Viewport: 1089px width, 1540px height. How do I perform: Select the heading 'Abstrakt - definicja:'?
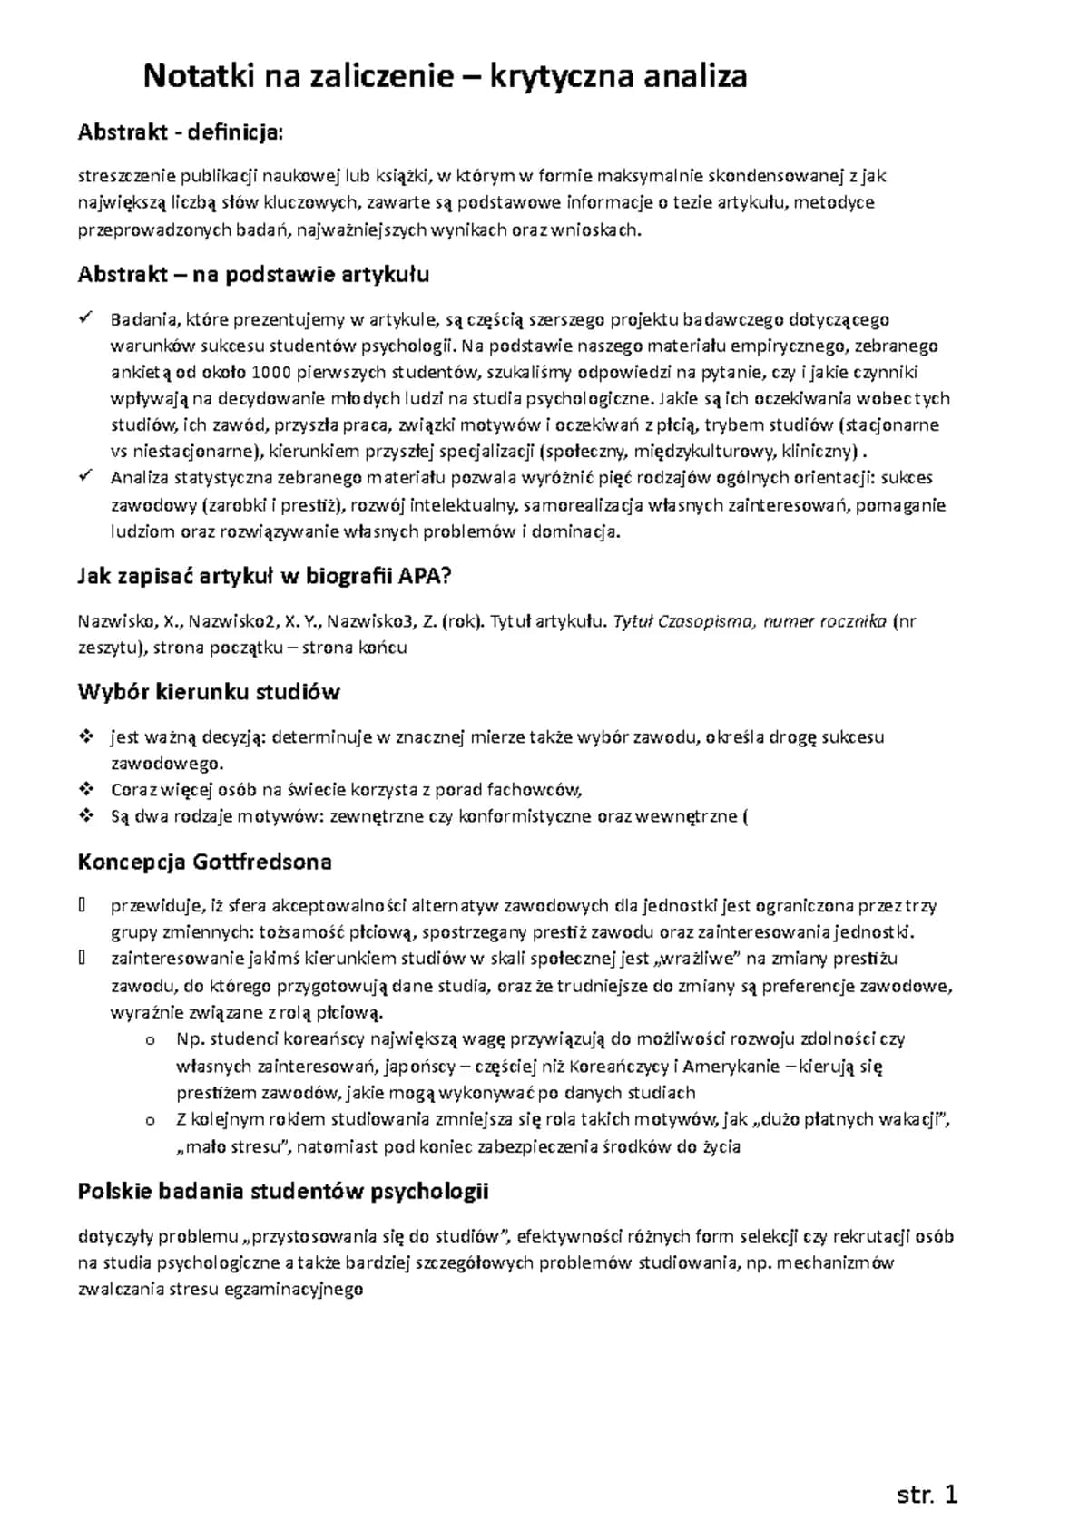click(x=181, y=132)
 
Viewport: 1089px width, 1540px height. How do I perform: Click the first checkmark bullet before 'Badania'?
click(x=86, y=317)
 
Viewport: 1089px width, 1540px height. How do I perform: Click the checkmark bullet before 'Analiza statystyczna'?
click(x=86, y=476)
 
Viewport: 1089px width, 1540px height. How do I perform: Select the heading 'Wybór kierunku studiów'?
click(x=209, y=692)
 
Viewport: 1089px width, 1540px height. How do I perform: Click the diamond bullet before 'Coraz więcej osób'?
click(x=86, y=789)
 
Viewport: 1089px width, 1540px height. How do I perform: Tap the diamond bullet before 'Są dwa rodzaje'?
click(x=86, y=815)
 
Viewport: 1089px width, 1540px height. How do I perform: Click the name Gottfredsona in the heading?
click(x=261, y=862)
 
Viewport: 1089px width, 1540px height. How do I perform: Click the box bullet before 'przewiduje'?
click(x=83, y=905)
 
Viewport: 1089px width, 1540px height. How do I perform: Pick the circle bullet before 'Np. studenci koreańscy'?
click(x=150, y=1040)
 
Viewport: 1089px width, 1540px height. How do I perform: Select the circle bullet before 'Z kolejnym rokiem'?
click(x=150, y=1121)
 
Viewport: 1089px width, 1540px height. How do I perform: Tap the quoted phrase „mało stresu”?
click(x=233, y=1147)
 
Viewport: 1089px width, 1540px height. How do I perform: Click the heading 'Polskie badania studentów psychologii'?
click(x=283, y=1191)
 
